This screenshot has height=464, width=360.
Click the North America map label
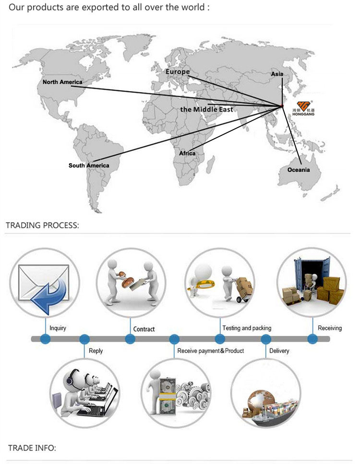coord(62,82)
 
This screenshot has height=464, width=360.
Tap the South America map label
coord(89,166)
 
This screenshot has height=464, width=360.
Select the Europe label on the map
coord(178,72)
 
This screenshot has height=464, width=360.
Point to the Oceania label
coord(299,170)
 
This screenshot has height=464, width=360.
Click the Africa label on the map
coord(187,153)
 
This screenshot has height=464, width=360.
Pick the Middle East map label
coord(206,109)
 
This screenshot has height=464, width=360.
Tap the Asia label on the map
coord(277,74)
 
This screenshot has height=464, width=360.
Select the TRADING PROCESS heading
coord(42,225)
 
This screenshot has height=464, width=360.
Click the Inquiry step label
coord(58,328)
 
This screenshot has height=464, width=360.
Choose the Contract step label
coord(144,329)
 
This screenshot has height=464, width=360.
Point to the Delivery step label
coord(279,351)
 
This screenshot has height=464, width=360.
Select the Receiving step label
coord(330,328)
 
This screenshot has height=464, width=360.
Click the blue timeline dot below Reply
coord(84,339)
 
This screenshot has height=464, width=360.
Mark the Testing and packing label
coord(247,328)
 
